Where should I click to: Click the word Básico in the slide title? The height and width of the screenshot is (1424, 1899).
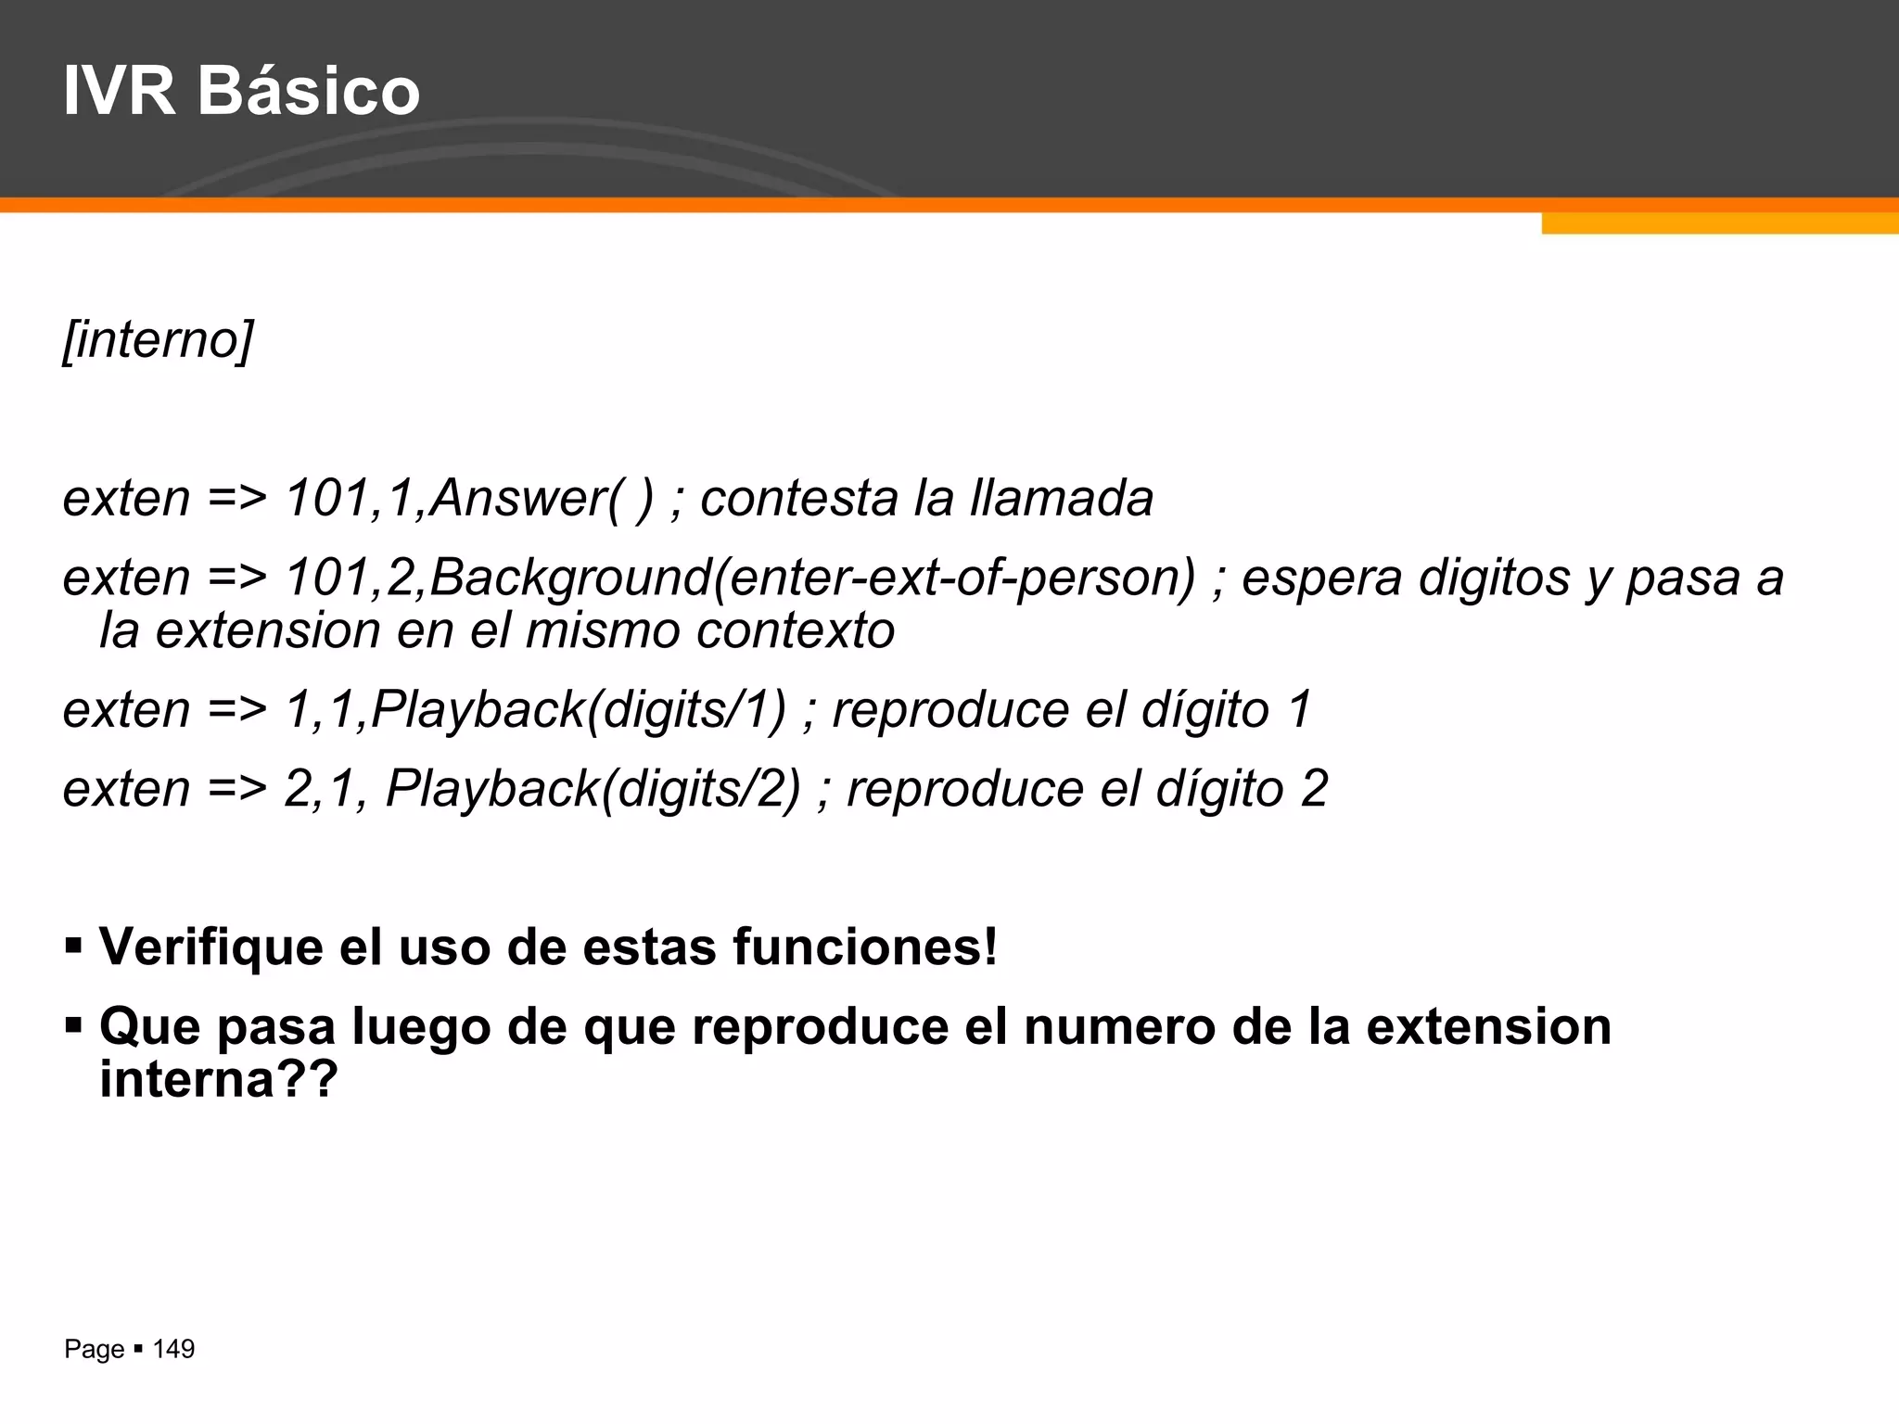309,91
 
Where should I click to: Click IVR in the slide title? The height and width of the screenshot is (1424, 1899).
119,91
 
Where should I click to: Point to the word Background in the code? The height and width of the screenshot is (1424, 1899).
570,578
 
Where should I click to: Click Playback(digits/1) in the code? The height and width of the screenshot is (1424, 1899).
579,710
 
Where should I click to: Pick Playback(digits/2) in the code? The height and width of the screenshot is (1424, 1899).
593,789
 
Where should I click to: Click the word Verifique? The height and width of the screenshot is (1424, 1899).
211,947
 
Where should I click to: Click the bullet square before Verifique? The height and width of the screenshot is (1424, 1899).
73,947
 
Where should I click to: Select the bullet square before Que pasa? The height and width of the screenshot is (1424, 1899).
73,1026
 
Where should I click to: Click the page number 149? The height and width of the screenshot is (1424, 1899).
173,1349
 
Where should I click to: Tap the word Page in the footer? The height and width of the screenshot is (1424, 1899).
94,1350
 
